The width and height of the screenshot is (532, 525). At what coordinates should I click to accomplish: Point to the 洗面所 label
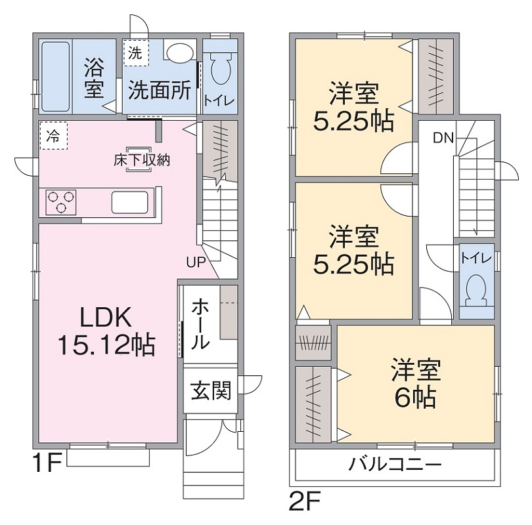(x=158, y=90)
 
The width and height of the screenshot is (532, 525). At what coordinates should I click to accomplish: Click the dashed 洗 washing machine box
(x=135, y=52)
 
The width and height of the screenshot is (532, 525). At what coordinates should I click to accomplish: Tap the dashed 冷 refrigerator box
(x=52, y=136)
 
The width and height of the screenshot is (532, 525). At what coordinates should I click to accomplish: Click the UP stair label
(x=196, y=262)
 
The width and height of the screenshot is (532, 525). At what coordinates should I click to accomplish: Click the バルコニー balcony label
(x=395, y=465)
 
